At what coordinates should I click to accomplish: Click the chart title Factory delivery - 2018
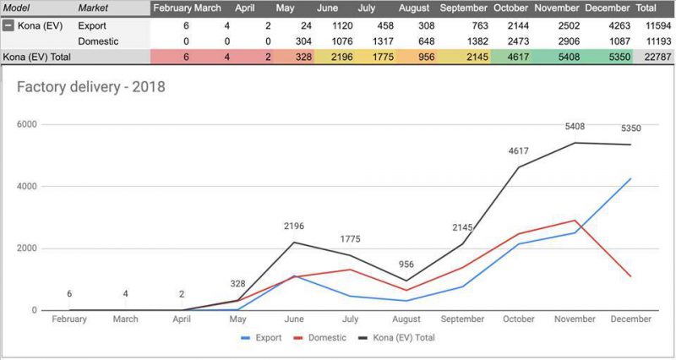91,87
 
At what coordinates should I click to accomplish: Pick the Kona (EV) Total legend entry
400,337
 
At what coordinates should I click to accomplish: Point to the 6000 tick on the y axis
28,124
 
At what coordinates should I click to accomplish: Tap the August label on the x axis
406,319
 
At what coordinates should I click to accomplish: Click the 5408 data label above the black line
575,128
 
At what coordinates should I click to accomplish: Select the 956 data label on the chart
406,265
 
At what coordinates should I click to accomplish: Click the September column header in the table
463,8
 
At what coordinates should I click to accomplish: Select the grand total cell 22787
656,57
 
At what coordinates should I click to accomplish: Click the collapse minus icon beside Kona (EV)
8,25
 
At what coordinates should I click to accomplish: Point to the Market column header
92,8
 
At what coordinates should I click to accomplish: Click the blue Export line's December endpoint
630,178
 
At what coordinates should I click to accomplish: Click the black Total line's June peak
294,243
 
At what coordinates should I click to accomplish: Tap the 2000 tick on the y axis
28,248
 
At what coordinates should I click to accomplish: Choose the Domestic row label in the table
98,41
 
